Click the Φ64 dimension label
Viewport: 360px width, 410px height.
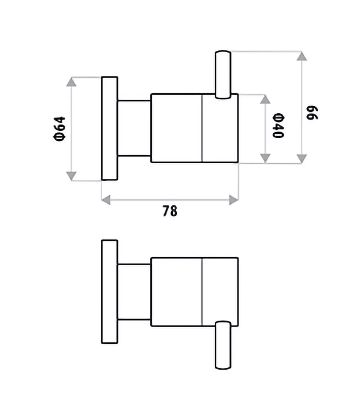pyautogui.click(x=59, y=129)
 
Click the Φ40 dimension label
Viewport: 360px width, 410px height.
pyautogui.click(x=278, y=125)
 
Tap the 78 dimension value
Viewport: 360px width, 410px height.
pyautogui.click(x=170, y=211)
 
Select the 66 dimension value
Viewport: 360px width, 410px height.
pyautogui.click(x=312, y=113)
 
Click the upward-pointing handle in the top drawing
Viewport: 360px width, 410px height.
pyautogui.click(x=223, y=75)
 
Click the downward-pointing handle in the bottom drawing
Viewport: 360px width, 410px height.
pyautogui.click(x=223, y=345)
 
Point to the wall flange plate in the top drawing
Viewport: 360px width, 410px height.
pyautogui.click(x=109, y=129)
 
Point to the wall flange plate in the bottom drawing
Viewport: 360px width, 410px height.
pyautogui.click(x=109, y=292)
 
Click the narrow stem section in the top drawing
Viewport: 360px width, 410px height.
pyautogui.click(x=134, y=128)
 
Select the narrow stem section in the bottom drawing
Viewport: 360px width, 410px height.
pyautogui.click(x=134, y=292)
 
